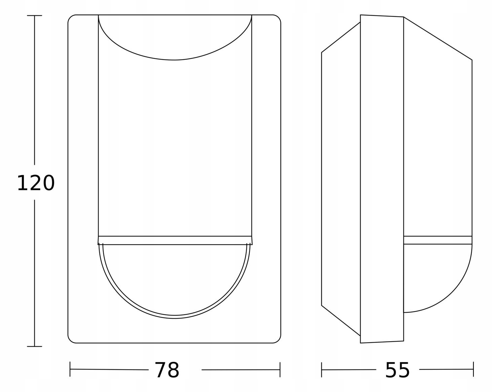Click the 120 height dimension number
coord(36,183)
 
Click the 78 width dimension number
coord(167,370)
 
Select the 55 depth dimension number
coord(398,370)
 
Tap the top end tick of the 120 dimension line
coord(35,15)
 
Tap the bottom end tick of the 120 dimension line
coord(35,347)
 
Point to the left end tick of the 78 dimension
coord(70,369)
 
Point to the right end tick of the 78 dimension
coord(280,369)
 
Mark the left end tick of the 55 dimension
coord(321,369)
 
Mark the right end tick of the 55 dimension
coord(473,369)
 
